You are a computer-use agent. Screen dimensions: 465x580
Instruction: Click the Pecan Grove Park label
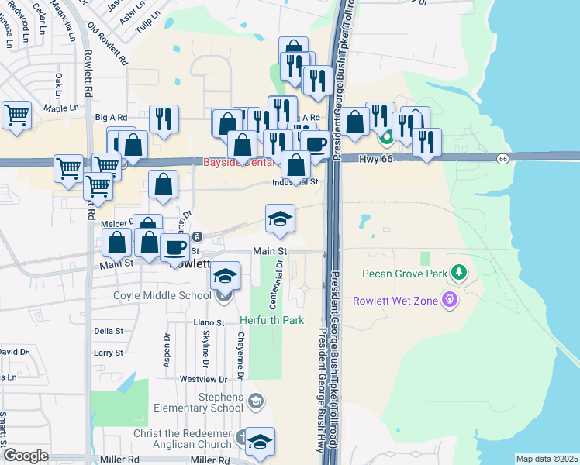tap(404, 274)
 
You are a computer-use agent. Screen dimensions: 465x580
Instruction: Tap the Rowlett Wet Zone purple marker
tap(447, 298)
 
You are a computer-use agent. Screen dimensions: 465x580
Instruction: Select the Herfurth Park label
tap(270, 320)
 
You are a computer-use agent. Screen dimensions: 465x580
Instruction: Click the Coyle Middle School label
tap(161, 295)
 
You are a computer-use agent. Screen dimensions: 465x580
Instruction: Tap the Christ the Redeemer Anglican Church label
tap(182, 439)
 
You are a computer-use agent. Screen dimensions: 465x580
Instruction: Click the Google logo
tap(26, 456)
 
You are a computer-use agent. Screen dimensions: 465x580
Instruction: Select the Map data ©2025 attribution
tap(547, 459)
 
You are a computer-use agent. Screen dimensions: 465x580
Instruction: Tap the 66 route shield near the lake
tap(503, 158)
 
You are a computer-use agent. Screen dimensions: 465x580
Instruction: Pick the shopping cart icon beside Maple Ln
tap(16, 115)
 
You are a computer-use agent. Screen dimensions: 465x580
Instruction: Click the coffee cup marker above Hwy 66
tap(314, 144)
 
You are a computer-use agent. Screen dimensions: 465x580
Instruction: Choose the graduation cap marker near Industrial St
tap(280, 218)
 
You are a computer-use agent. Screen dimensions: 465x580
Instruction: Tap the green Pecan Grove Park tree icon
tap(461, 273)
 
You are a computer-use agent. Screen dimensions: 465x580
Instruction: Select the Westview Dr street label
tap(203, 379)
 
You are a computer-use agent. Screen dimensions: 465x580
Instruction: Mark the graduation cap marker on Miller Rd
tap(260, 441)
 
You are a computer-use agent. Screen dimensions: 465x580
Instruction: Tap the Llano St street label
tap(209, 322)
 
